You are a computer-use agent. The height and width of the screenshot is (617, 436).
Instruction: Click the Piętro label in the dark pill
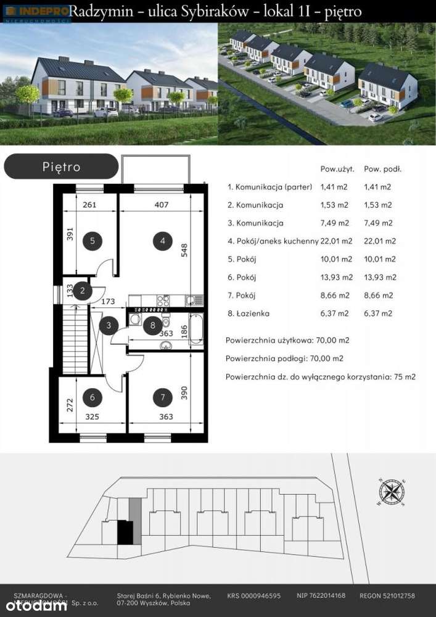[x=61, y=167]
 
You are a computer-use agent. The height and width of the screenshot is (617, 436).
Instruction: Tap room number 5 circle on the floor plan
[x=92, y=241]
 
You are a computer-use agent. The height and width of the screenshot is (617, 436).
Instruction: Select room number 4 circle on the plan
[x=163, y=241]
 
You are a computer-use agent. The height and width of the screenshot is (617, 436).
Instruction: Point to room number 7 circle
[x=163, y=397]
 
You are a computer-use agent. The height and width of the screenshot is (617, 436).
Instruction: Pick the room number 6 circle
[x=93, y=397]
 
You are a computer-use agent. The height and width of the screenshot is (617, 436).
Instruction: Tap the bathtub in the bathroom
[x=196, y=329]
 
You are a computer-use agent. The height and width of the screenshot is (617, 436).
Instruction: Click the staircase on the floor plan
[x=75, y=342]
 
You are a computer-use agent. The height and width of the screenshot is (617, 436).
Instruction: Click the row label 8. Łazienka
[x=249, y=313]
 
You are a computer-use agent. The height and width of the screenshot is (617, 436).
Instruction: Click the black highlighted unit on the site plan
[x=125, y=532]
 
